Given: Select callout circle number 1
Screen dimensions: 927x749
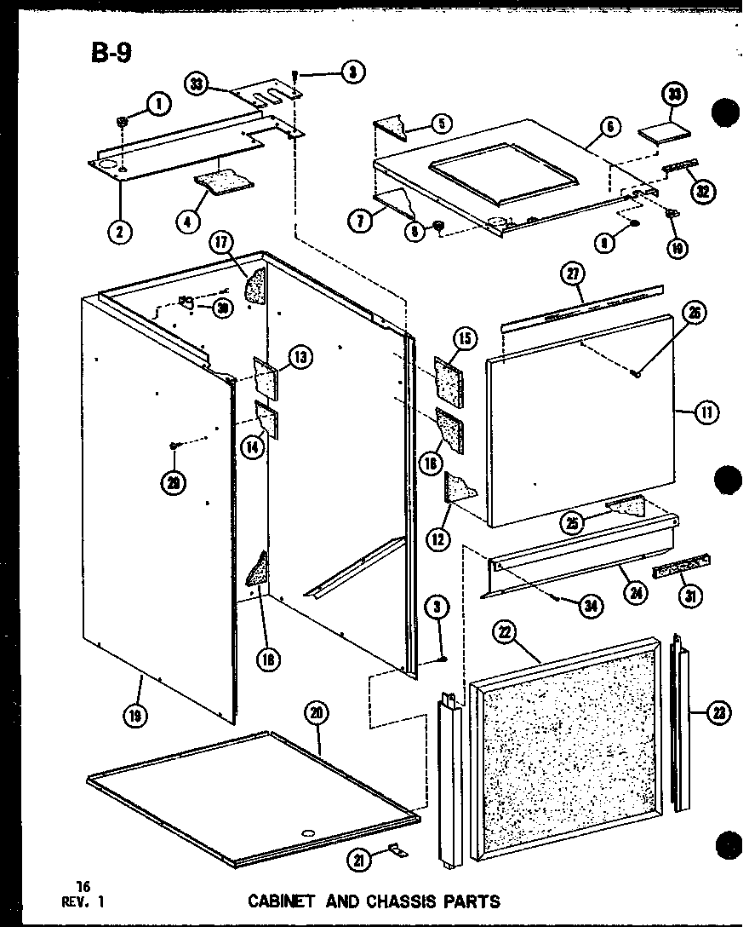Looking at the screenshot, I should coord(158,104).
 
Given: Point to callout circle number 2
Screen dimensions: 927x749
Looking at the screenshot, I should coord(121,231).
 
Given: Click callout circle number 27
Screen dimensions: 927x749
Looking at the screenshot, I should coord(572,274).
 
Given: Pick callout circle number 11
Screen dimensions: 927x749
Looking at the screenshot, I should coord(706,412).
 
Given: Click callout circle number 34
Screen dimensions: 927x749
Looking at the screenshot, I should coord(589,607).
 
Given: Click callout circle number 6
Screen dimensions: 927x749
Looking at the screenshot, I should coord(610,127).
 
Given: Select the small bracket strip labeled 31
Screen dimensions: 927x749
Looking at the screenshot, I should coord(680,567).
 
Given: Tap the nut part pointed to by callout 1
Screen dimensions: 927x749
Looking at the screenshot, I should coord(123,122).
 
